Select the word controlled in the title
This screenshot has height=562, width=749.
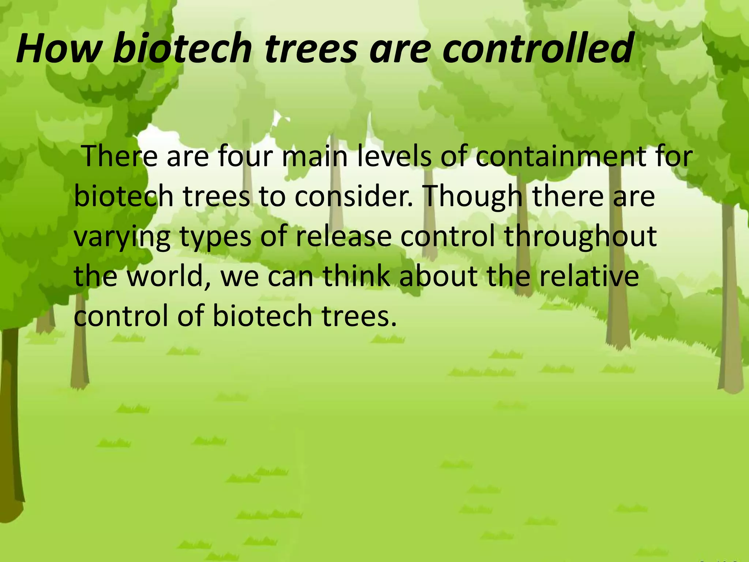click(x=538, y=49)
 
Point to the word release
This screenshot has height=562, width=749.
click(x=343, y=236)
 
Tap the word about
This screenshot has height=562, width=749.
click(x=438, y=276)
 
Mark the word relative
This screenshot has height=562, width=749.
click(x=589, y=276)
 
